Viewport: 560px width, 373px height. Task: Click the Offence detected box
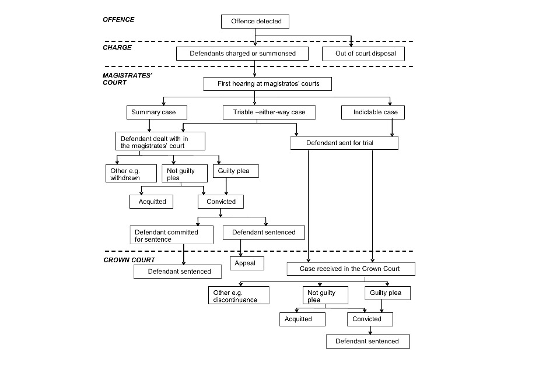(x=255, y=22)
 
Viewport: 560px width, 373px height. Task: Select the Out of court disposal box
(x=363, y=54)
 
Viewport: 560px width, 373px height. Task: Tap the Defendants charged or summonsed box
(x=242, y=54)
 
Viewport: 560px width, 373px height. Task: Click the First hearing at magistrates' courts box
(x=268, y=84)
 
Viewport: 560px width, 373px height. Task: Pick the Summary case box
(x=157, y=112)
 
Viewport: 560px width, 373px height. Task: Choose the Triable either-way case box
(x=269, y=112)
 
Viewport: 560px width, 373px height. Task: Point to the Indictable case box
(x=373, y=112)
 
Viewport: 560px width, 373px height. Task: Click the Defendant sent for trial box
(x=344, y=143)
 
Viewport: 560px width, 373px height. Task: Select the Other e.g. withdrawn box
(x=131, y=174)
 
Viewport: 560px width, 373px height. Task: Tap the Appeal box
(x=247, y=263)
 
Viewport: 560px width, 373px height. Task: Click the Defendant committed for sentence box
(x=171, y=235)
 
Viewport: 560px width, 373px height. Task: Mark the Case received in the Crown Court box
(x=351, y=269)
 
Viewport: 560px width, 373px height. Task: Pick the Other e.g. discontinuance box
(x=239, y=295)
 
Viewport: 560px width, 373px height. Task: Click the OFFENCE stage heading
(x=118, y=20)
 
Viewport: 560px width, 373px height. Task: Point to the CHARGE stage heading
(x=117, y=47)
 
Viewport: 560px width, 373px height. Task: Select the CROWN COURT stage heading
(x=129, y=260)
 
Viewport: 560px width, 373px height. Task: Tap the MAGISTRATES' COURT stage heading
(x=128, y=79)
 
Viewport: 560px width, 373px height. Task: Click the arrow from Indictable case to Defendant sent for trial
(x=392, y=128)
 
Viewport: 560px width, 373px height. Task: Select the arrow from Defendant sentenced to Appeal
(x=241, y=248)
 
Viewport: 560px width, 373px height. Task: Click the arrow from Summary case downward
(x=149, y=126)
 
